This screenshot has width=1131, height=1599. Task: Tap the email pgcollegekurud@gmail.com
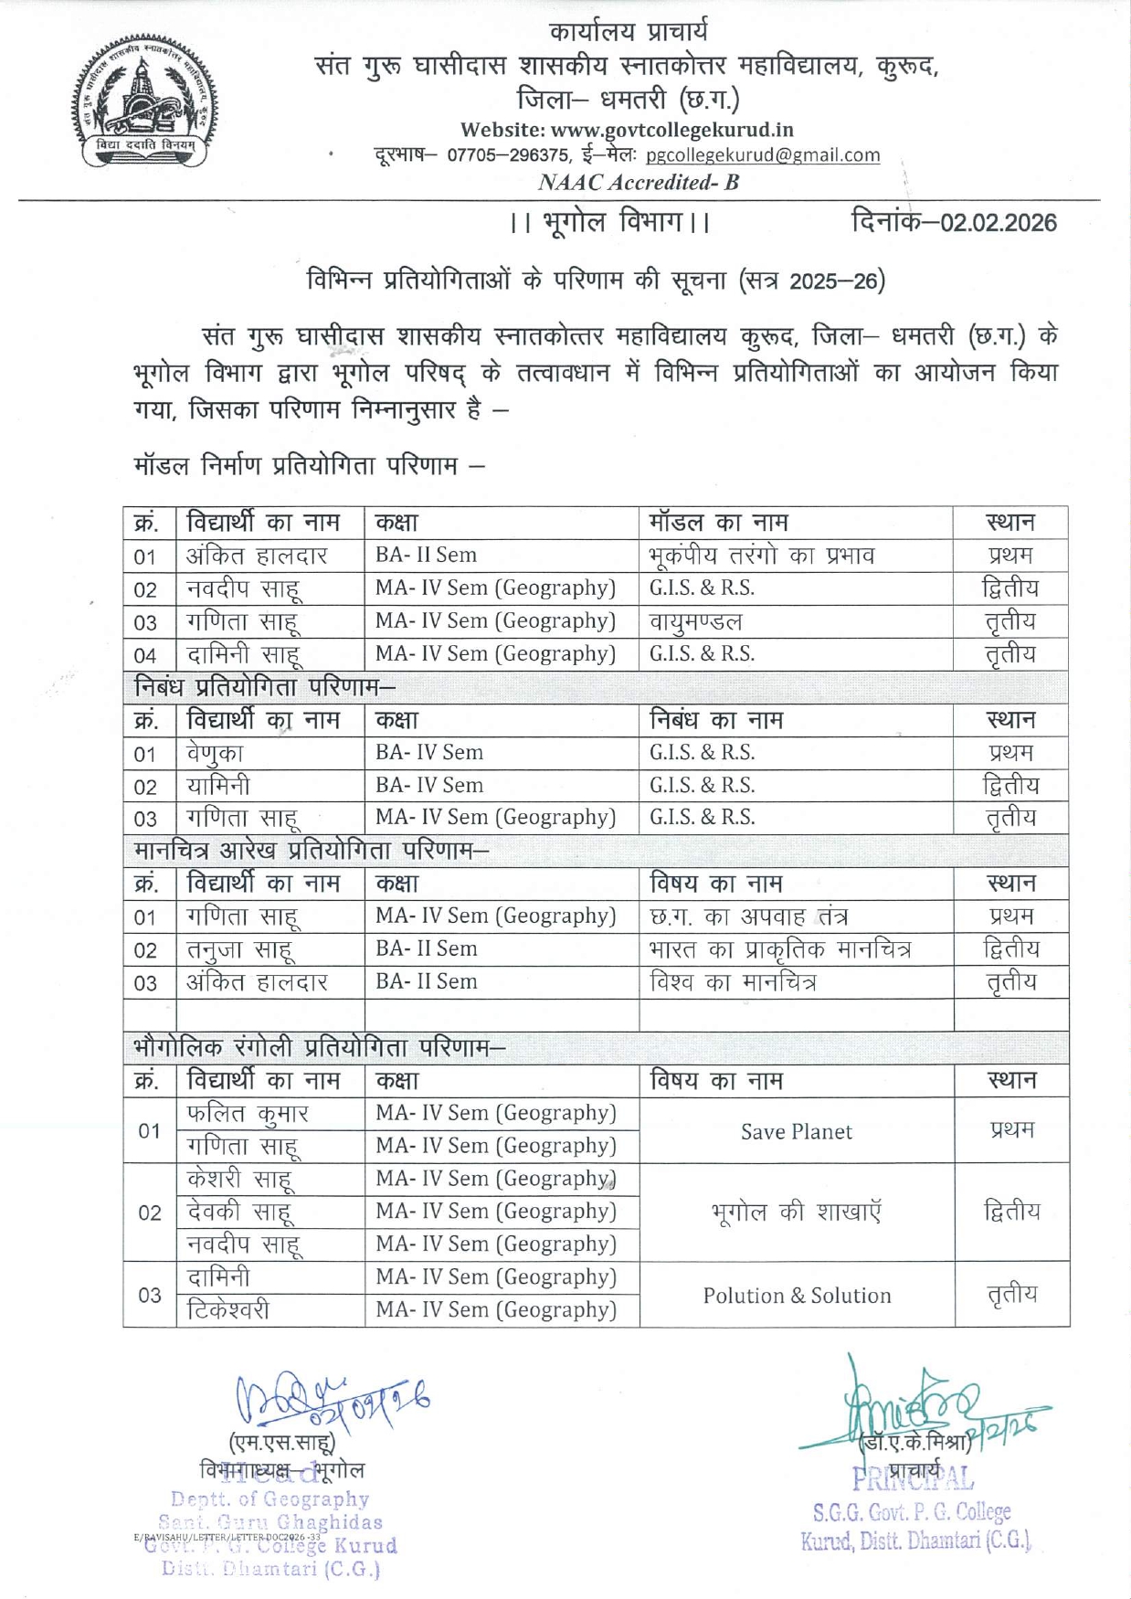(763, 155)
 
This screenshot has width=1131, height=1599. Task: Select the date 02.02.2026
(999, 223)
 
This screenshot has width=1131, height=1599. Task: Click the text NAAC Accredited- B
(638, 182)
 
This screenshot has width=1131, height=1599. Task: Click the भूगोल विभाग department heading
(610, 222)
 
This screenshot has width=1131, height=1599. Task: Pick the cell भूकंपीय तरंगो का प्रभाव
(762, 556)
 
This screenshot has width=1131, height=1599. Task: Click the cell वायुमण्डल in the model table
(696, 621)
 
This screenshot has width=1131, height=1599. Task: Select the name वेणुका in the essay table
(216, 753)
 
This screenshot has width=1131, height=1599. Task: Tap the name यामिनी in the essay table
(218, 786)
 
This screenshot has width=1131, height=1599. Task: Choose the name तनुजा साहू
(240, 949)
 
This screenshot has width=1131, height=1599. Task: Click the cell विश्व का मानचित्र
(733, 982)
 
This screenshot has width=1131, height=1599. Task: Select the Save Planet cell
(796, 1131)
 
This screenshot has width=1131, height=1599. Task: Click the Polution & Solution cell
(796, 1295)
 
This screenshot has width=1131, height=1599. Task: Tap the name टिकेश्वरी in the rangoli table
(228, 1310)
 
